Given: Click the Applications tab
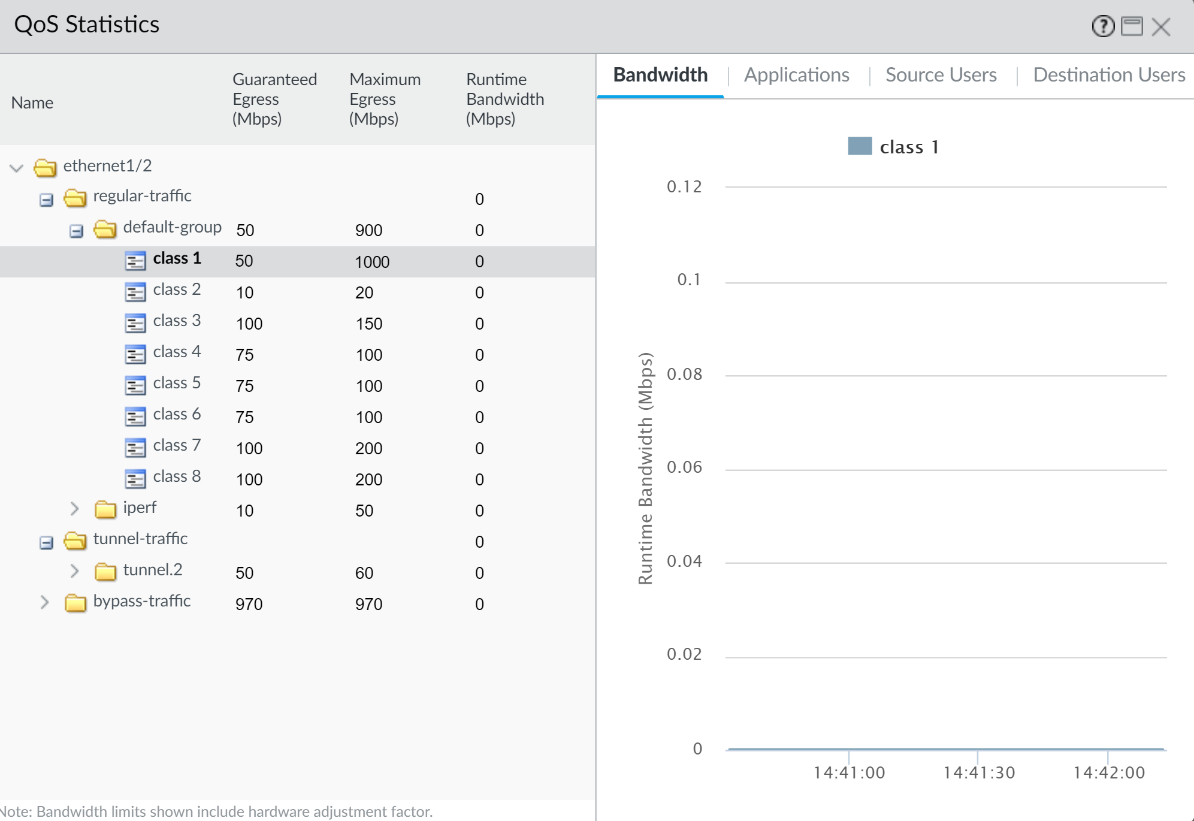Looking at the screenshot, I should pos(796,75).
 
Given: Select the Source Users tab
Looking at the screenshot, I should pos(941,75).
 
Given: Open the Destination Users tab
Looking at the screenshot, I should pos(1108,75).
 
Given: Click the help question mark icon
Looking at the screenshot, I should pos(1102,26).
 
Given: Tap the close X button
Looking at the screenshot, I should pos(1160,27).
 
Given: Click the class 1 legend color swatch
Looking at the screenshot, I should pos(860,146).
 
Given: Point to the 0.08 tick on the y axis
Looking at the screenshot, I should pos(684,375).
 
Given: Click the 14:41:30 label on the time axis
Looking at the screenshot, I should pos(979,772).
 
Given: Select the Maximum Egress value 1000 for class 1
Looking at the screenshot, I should pos(372,262).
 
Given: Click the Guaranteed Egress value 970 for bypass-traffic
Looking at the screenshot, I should pos(249,604).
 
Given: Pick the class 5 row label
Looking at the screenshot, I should pos(177,383).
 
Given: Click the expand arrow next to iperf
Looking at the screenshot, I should pos(74,509).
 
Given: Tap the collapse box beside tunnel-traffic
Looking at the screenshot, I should pos(46,543).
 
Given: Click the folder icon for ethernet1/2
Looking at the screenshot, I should pos(45,168).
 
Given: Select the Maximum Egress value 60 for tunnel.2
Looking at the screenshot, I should pos(364,573).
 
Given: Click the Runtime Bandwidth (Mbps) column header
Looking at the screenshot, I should pos(504,99).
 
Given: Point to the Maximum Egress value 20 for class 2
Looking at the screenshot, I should pos(364,292).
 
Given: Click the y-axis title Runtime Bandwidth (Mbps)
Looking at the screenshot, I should pos(645,467).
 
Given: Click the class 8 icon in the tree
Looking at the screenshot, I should pos(135,478).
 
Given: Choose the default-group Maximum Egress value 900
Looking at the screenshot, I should pos(368,230).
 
